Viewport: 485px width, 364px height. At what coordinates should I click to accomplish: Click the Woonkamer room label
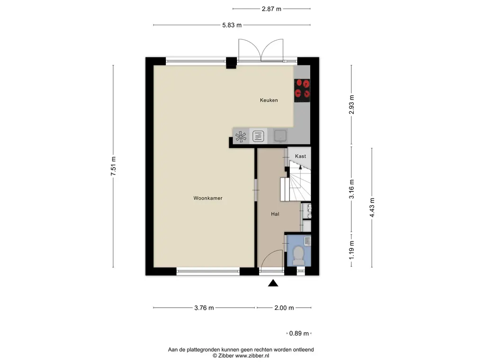(x=208, y=198)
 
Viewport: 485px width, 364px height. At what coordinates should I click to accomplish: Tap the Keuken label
(x=269, y=100)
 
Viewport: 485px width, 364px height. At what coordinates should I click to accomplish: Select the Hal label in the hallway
(x=275, y=214)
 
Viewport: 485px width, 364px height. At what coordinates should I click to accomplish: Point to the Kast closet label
(x=300, y=156)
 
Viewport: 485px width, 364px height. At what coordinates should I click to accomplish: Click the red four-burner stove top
(x=302, y=91)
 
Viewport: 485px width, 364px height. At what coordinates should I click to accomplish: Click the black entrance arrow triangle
(x=273, y=283)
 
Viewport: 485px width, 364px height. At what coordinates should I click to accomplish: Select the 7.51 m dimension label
(x=113, y=166)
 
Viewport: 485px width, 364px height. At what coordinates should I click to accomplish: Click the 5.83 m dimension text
(x=232, y=25)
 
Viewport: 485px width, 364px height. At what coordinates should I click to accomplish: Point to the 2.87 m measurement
(x=271, y=9)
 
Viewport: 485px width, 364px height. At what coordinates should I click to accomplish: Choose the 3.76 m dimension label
(x=204, y=308)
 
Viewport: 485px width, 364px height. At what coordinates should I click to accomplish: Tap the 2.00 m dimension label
(x=284, y=308)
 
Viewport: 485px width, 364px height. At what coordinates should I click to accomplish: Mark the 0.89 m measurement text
(x=299, y=333)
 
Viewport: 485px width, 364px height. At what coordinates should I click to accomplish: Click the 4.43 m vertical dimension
(x=372, y=208)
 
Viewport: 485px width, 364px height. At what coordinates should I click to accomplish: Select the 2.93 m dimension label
(x=351, y=104)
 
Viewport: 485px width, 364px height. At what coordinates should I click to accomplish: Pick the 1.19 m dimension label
(x=351, y=250)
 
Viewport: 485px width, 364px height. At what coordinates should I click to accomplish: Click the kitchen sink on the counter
(x=280, y=136)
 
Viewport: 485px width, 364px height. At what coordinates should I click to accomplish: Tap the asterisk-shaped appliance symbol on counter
(x=241, y=136)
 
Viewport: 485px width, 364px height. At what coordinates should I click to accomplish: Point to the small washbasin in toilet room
(x=307, y=240)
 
